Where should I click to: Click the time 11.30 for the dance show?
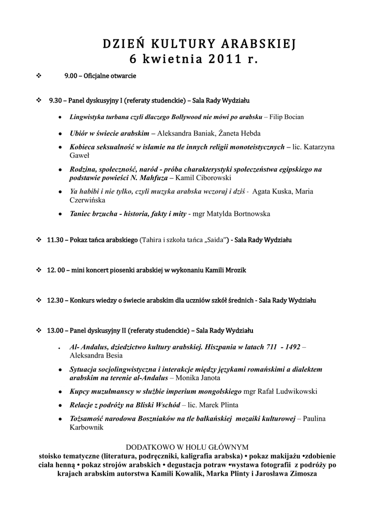(x=55, y=240)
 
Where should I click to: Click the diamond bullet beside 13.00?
(x=39, y=330)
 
